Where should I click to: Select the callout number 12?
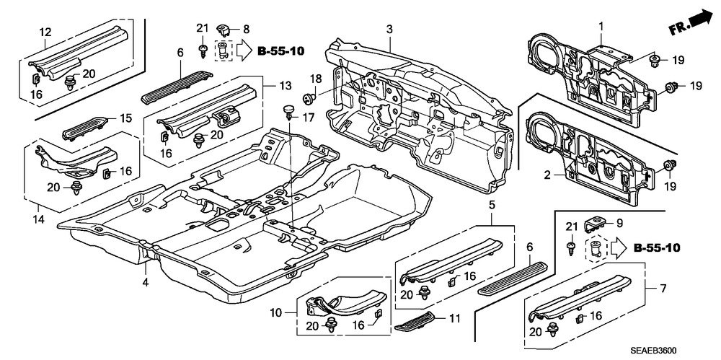click(45, 31)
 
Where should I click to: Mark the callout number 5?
click(492, 206)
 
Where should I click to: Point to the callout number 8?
click(246, 29)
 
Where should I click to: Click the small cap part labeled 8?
click(224, 30)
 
